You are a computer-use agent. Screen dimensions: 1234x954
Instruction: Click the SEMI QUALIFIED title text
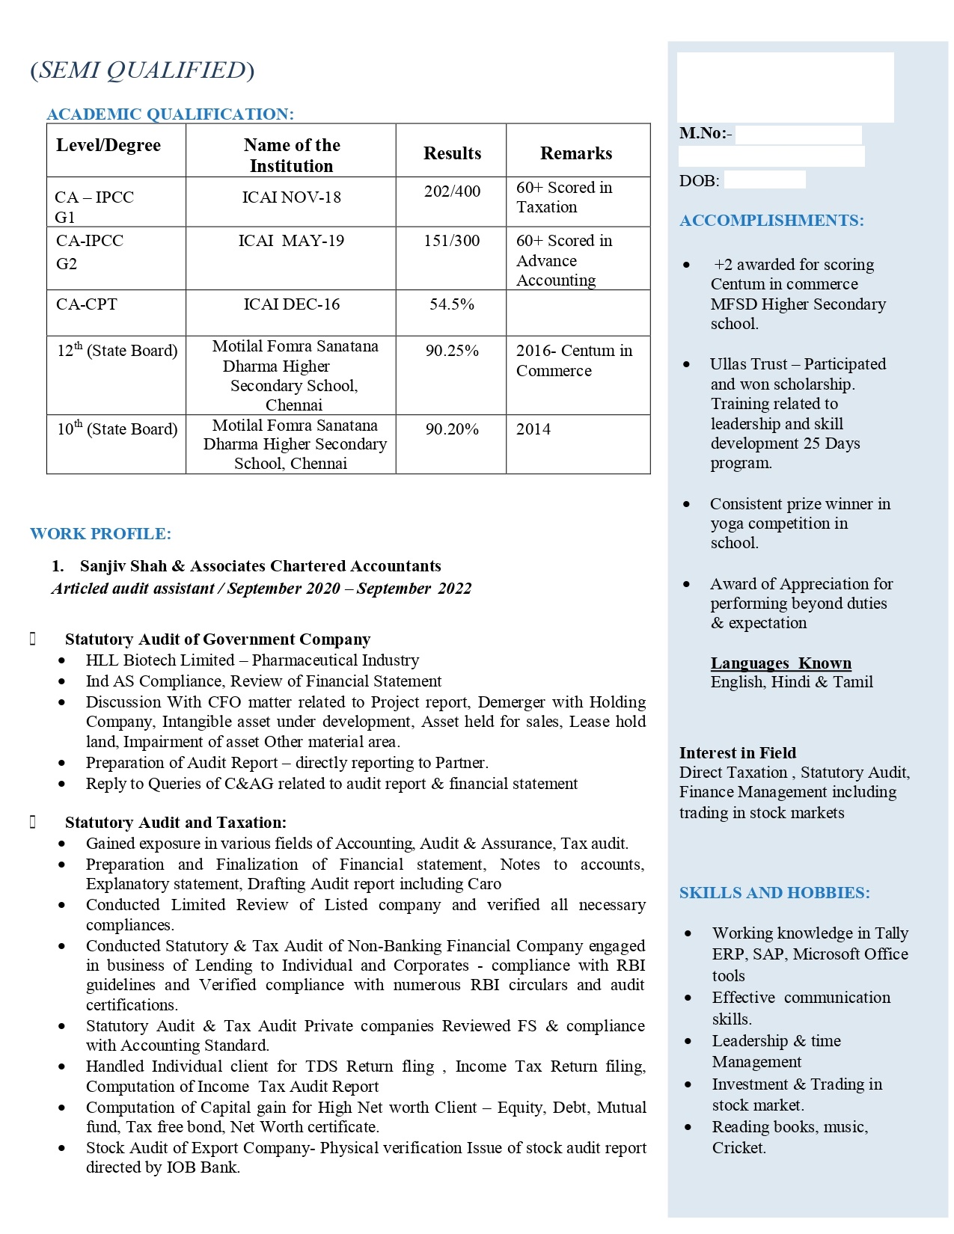pyautogui.click(x=142, y=70)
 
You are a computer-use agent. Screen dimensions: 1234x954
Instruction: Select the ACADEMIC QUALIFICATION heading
pyautogui.click(x=170, y=114)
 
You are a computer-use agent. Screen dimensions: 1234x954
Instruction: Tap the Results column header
pyautogui.click(x=452, y=153)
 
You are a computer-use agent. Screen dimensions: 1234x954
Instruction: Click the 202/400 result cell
pyautogui.click(x=452, y=191)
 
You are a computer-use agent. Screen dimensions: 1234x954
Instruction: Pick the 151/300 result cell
pyautogui.click(x=452, y=241)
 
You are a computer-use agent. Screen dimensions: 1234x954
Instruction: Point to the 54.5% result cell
pyautogui.click(x=452, y=304)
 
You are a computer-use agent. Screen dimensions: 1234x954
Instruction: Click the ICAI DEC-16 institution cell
pyautogui.click(x=291, y=304)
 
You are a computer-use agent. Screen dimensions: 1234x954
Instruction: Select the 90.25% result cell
pyautogui.click(x=452, y=351)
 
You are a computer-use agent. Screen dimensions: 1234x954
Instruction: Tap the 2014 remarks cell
pyautogui.click(x=533, y=429)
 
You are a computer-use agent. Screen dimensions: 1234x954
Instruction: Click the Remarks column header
pyautogui.click(x=576, y=153)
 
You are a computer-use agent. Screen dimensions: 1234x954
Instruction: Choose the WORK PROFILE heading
pyautogui.click(x=100, y=534)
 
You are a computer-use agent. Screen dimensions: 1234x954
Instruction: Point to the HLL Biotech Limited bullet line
pyautogui.click(x=252, y=660)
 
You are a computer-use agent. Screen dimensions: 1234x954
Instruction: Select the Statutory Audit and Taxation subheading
pyautogui.click(x=175, y=823)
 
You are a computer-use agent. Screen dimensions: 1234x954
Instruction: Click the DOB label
pyautogui.click(x=699, y=181)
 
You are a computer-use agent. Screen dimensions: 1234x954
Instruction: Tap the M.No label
pyautogui.click(x=705, y=134)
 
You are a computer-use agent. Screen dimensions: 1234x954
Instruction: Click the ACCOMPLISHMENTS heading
pyautogui.click(x=771, y=221)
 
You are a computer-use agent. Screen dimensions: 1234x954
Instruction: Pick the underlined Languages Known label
pyautogui.click(x=780, y=663)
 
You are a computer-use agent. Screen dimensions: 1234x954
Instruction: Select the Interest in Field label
pyautogui.click(x=737, y=753)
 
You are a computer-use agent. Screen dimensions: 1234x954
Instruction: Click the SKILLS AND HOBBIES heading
pyautogui.click(x=774, y=893)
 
